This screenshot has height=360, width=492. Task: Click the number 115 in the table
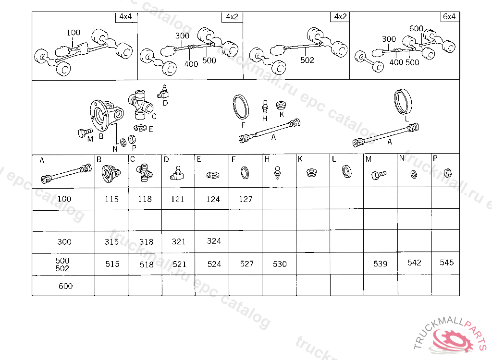tap(111, 199)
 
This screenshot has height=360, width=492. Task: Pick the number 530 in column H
tap(280, 264)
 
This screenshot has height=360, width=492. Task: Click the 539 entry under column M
tap(380, 264)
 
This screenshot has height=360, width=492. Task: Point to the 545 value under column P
tap(446, 263)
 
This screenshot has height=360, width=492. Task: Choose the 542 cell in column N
tap(414, 263)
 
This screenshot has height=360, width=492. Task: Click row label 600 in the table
tap(65, 286)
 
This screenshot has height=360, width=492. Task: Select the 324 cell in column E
tap(214, 241)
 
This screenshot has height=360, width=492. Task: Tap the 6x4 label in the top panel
tap(449, 17)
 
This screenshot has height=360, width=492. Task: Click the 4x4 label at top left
tap(125, 17)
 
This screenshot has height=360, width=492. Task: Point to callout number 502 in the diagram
tap(307, 60)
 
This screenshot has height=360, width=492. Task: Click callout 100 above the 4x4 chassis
tap(74, 33)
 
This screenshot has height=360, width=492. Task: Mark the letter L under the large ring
tap(406, 118)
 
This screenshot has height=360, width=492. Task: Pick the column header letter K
tap(300, 159)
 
